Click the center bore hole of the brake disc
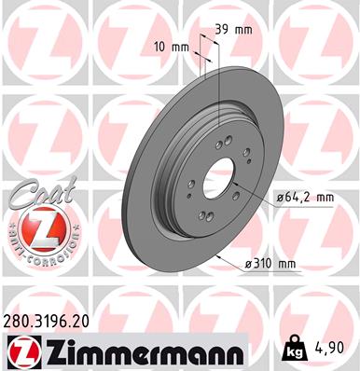(222, 177)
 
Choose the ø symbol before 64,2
(280, 197)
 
